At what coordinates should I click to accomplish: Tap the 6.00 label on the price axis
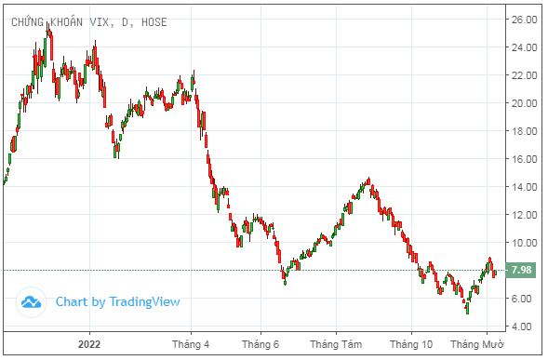pyautogui.click(x=521, y=299)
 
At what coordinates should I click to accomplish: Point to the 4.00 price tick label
pyautogui.click(x=521, y=327)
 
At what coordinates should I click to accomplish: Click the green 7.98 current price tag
pyautogui.click(x=522, y=271)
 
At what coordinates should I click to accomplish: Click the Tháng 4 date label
pyautogui.click(x=191, y=345)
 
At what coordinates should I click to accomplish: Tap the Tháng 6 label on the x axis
pyautogui.click(x=261, y=345)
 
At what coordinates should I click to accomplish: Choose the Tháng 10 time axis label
pyautogui.click(x=411, y=345)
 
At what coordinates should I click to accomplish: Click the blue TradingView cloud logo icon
pyautogui.click(x=33, y=301)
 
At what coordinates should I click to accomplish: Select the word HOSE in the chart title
pyautogui.click(x=153, y=21)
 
